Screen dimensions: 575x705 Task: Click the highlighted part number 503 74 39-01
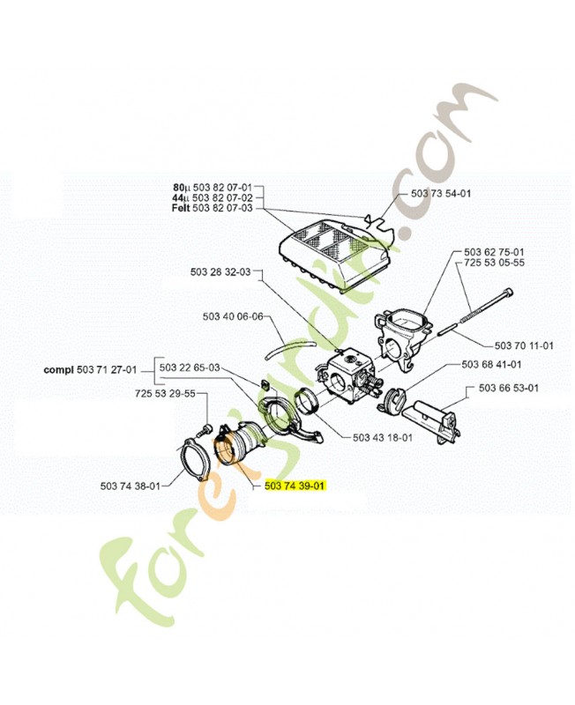295,486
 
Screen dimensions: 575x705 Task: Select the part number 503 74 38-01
130,486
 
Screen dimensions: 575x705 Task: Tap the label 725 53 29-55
165,393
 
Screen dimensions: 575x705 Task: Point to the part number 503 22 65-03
190,367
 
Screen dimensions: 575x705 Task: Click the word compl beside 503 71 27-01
58,370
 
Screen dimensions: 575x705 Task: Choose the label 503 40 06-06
233,316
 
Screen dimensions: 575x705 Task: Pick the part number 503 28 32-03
220,272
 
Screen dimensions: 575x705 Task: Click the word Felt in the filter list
181,208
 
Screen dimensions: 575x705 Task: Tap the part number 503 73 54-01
441,193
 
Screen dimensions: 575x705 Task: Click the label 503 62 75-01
494,252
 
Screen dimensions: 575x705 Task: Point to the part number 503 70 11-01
524,345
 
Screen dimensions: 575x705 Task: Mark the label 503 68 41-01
491,364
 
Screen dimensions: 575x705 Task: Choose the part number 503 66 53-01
508,388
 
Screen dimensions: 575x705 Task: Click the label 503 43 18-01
383,437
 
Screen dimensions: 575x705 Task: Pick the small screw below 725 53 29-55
205,429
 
